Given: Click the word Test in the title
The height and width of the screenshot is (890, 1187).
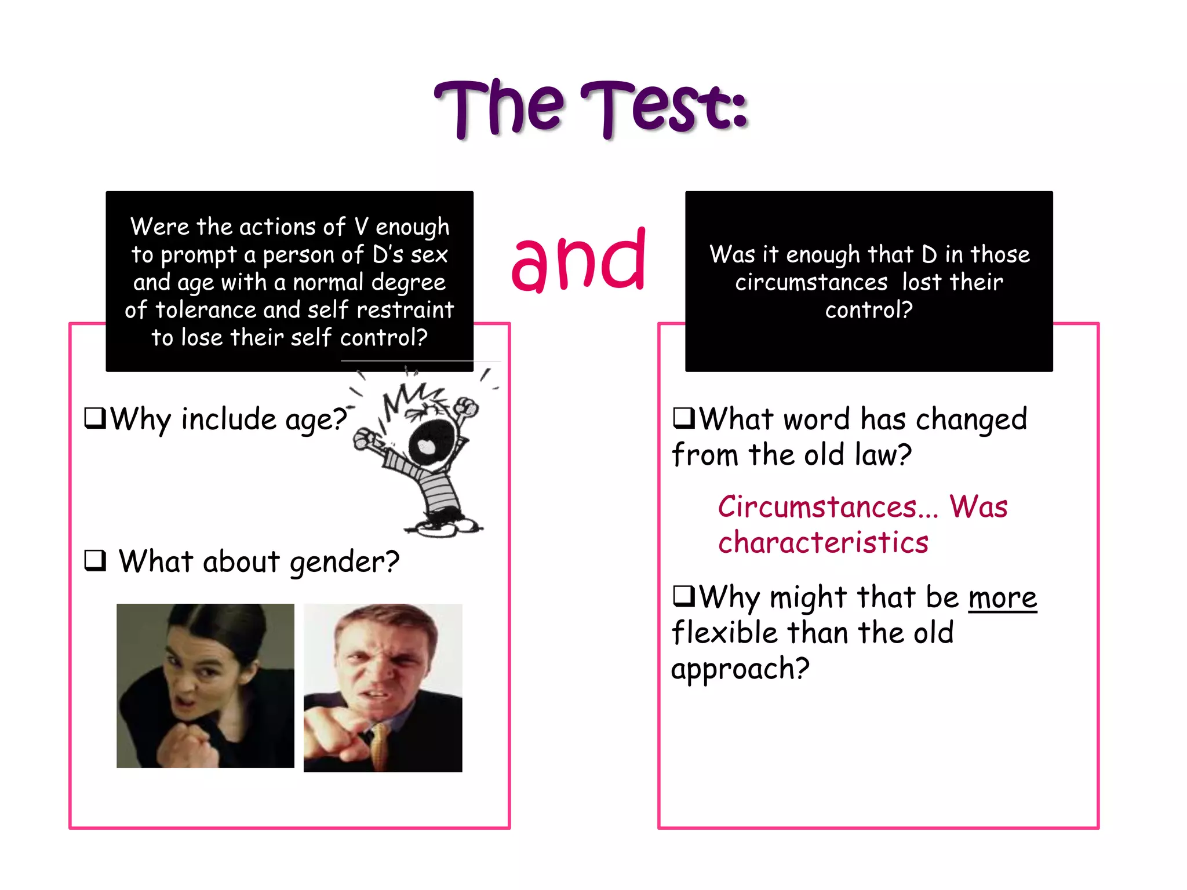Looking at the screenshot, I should point(664,107).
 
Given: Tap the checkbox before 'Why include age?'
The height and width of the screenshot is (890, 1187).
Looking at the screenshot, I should point(95,417).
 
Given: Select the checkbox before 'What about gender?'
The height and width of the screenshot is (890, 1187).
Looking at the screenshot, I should point(95,560).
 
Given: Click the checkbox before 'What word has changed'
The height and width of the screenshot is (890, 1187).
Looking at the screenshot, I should point(683,417).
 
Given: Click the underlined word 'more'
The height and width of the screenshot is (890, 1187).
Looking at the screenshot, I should point(1002,598).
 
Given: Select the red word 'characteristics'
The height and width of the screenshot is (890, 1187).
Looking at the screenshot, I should point(823,543).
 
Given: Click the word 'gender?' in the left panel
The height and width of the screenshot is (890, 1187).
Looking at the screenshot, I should point(344,562).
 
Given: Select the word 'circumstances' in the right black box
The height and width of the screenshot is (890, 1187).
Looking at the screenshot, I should point(811,283).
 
